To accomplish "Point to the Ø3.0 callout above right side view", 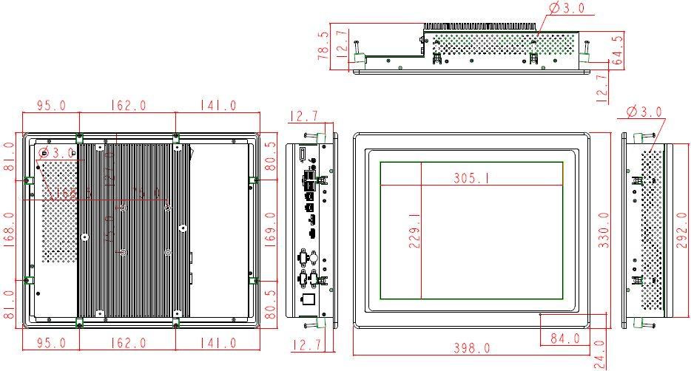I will (x=644, y=112).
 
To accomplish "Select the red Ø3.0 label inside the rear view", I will (x=58, y=153).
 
